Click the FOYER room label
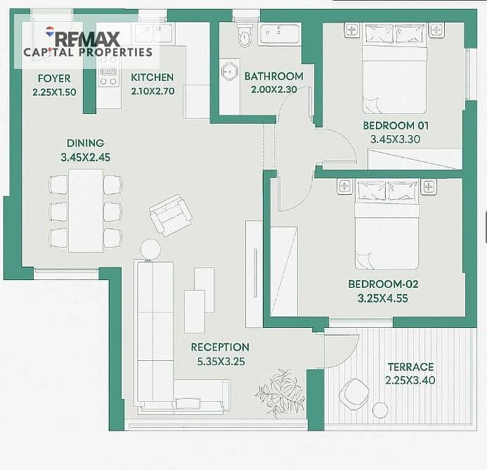[x=54, y=78]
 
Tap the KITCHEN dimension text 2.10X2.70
[x=152, y=91]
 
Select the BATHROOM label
[x=273, y=76]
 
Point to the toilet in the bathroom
[x=245, y=34]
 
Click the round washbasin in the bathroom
[x=230, y=71]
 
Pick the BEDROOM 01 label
[x=396, y=126]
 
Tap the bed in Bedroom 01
[x=394, y=68]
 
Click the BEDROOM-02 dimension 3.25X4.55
[x=382, y=298]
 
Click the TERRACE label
[x=410, y=367]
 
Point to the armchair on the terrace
[x=354, y=394]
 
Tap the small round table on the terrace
[x=380, y=410]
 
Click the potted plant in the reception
[x=280, y=391]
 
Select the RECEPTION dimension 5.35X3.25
[x=221, y=362]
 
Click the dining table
[x=86, y=211]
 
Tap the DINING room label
[x=86, y=143]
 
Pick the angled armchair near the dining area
[x=170, y=215]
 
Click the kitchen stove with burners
[x=108, y=75]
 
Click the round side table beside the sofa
[x=150, y=249]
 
